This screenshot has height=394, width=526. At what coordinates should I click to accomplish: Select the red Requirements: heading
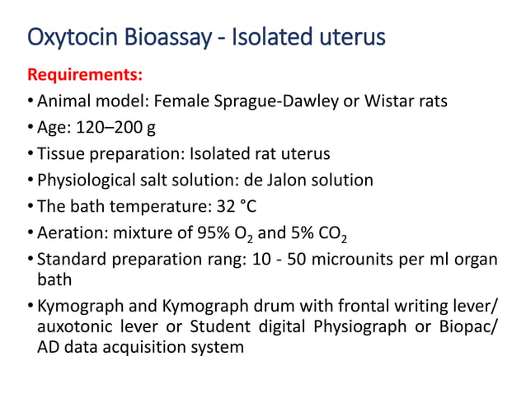click(x=85, y=76)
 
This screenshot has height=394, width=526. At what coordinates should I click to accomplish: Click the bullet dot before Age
click(x=31, y=128)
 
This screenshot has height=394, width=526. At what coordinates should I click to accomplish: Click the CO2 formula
click(x=326, y=233)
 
